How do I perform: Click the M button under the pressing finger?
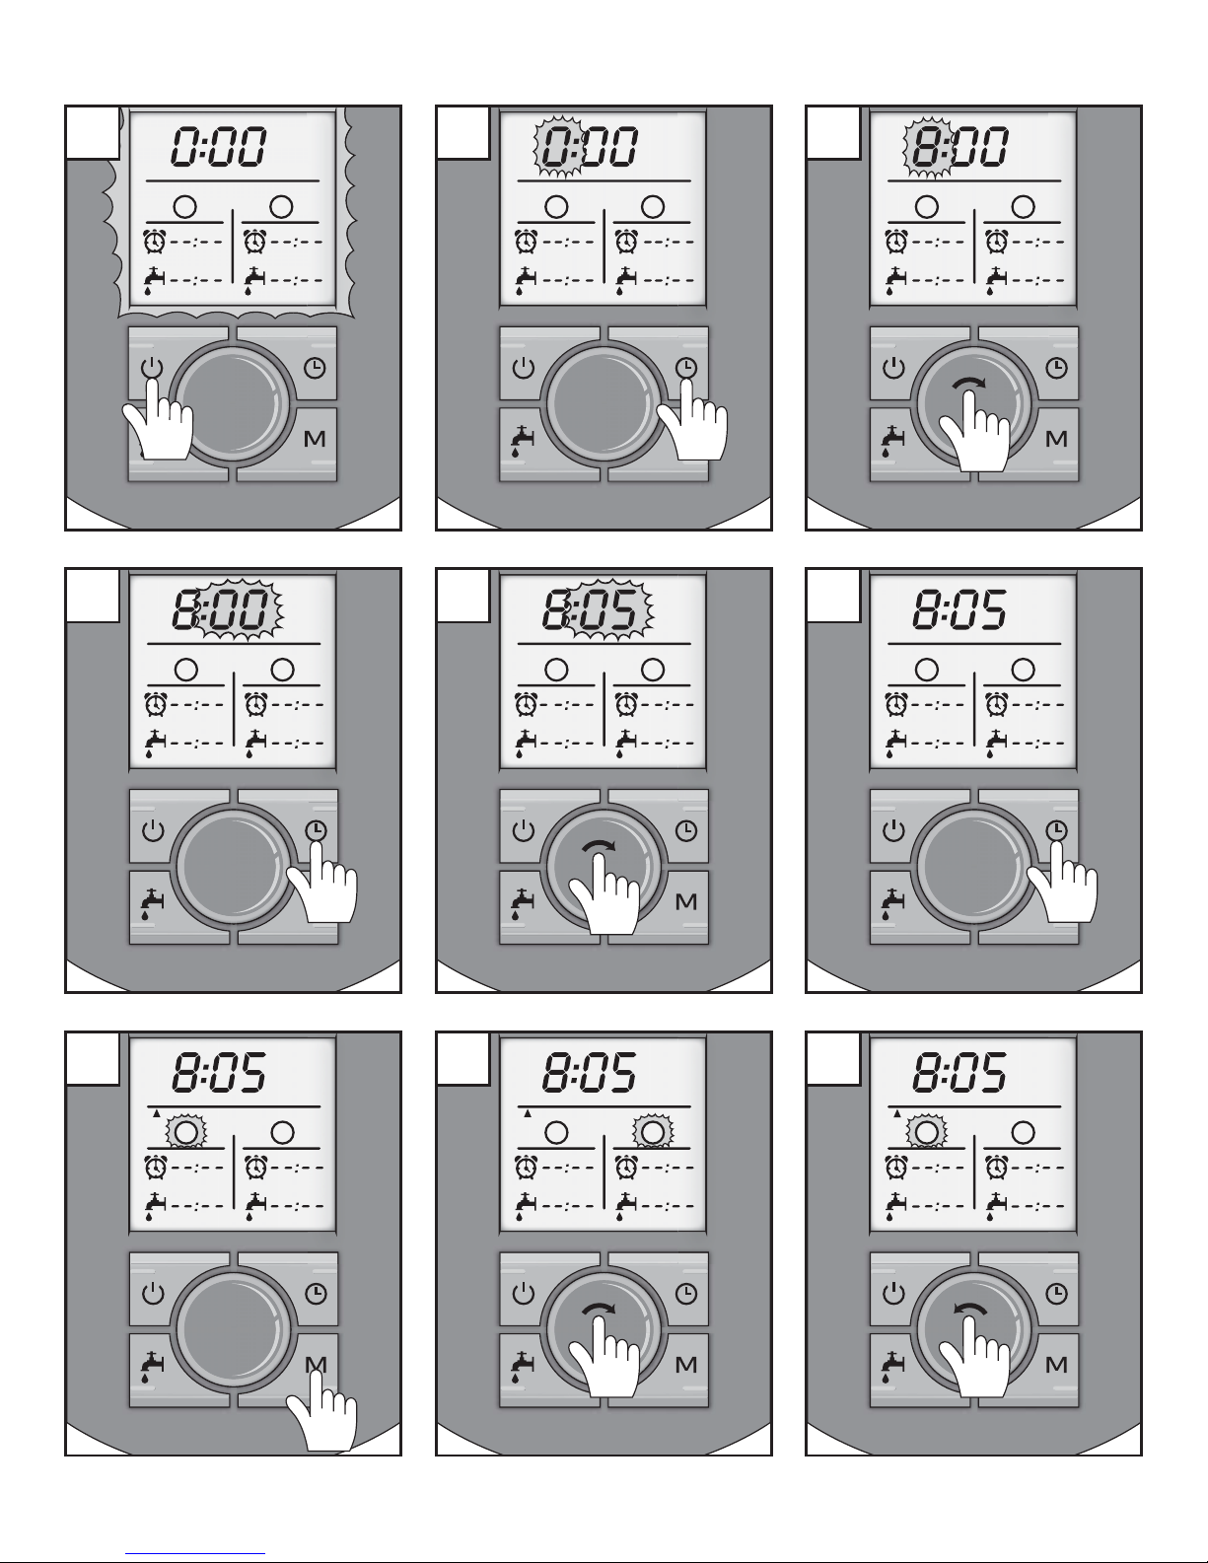(316, 1365)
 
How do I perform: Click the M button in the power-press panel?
(315, 439)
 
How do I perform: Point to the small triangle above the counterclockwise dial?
(898, 1112)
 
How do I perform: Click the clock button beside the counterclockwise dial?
(1056, 1293)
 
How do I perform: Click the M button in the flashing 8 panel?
(1056, 439)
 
